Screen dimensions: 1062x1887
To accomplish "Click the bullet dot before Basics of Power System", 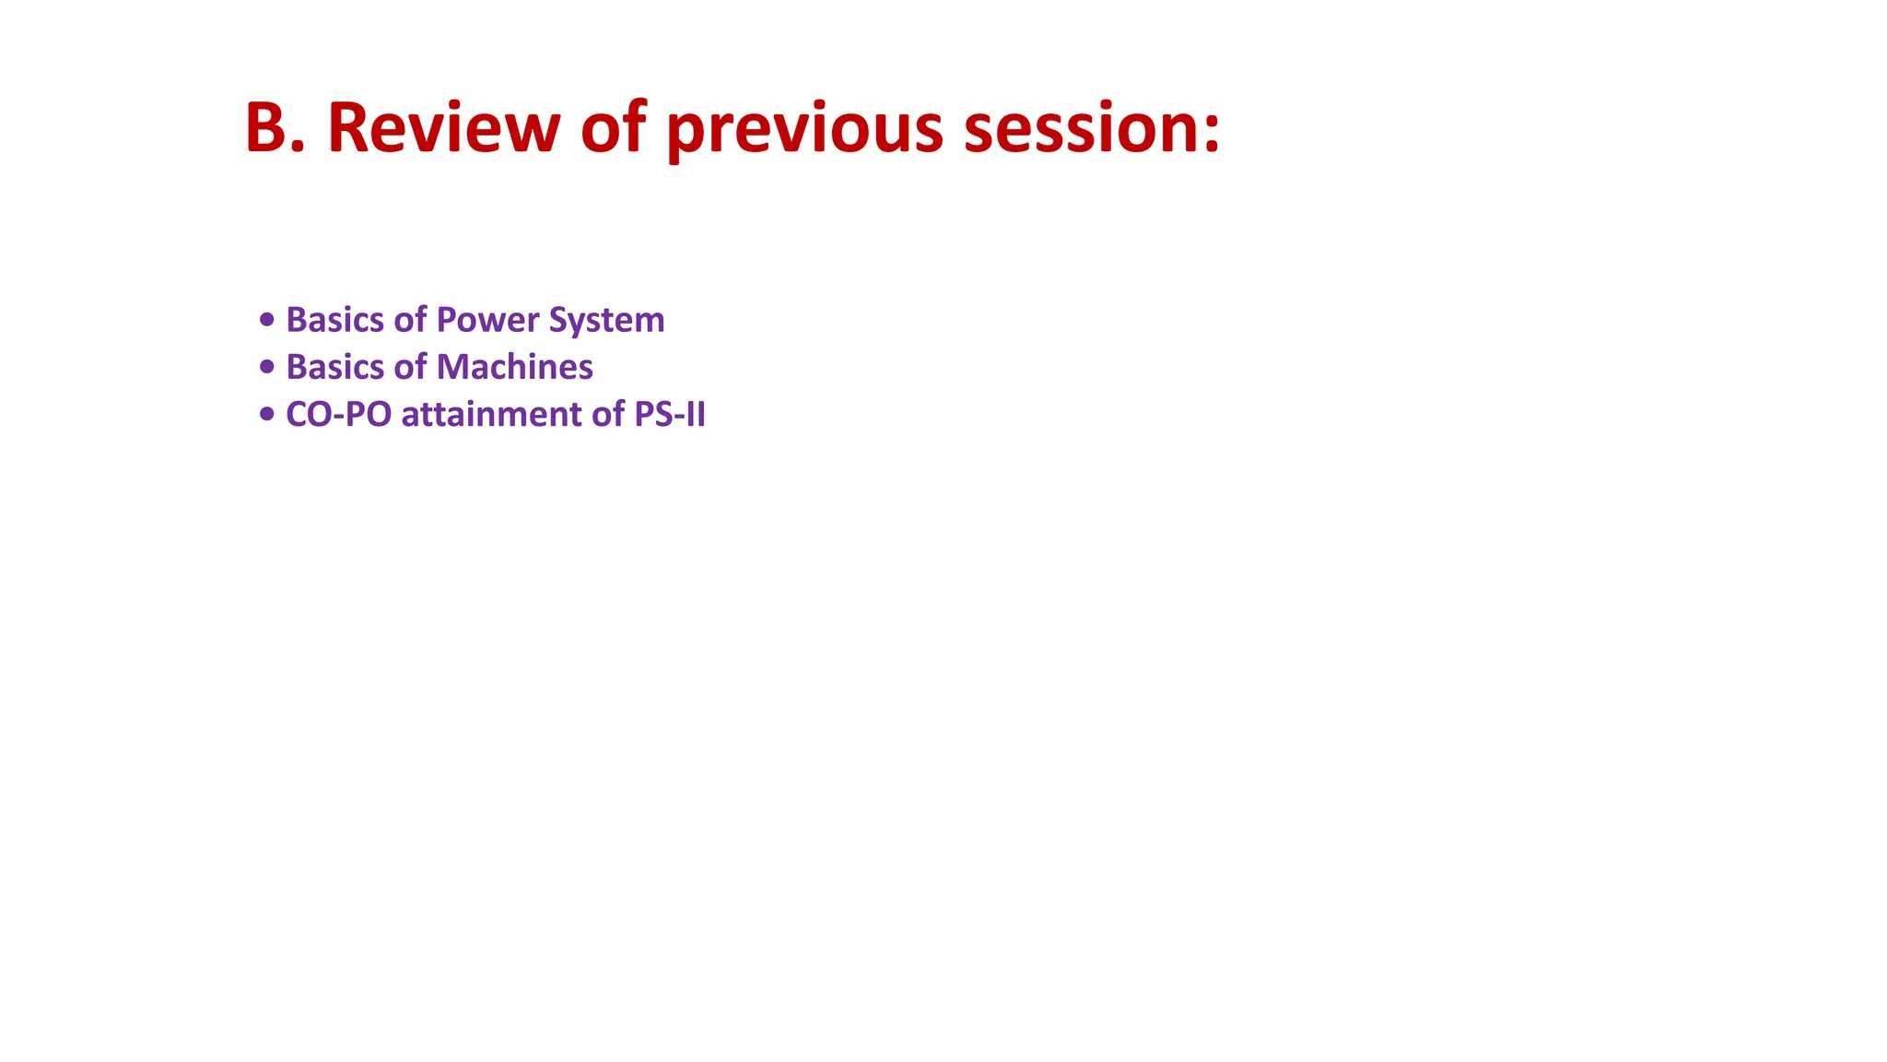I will coord(267,320).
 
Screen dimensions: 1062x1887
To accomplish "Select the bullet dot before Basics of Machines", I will coord(267,367).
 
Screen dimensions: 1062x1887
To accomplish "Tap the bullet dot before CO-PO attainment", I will coord(267,414).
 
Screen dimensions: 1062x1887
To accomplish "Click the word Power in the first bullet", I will coord(487,320).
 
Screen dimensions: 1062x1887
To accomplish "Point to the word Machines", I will coord(515,367).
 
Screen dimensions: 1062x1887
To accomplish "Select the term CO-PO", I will coord(338,415).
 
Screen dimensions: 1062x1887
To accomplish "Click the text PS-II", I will coord(670,415).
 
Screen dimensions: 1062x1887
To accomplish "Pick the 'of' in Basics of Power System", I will coord(410,320).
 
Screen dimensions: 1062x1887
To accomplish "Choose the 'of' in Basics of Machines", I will coord(410,367).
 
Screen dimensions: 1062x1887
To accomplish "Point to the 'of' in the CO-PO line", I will coord(608,415).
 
